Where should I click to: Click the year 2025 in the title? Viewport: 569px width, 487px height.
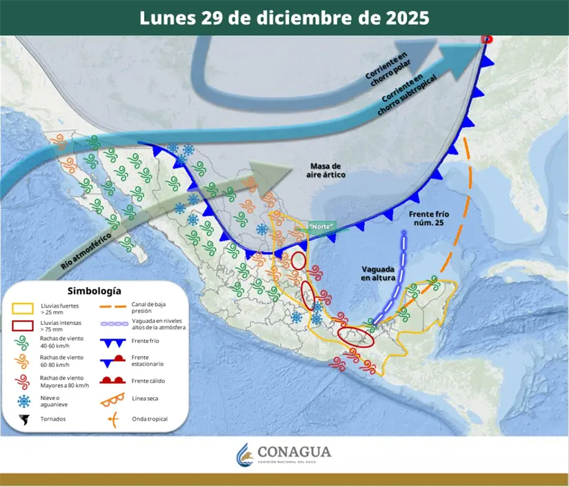pos(402,17)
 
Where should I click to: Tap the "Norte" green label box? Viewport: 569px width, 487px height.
pos(321,226)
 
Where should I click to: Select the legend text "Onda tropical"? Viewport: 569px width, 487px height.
pos(151,419)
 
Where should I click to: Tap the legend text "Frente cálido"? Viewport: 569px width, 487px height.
pos(151,381)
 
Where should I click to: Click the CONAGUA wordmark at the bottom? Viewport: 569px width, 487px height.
pos(294,452)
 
